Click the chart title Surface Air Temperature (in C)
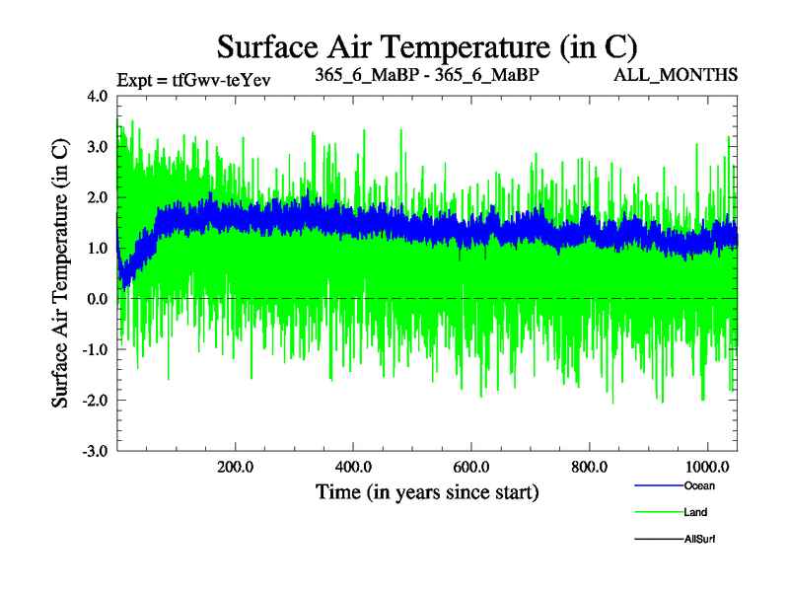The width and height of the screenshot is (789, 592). tap(427, 46)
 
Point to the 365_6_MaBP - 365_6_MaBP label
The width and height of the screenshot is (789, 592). tap(427, 75)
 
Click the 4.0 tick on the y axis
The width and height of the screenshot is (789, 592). tap(98, 97)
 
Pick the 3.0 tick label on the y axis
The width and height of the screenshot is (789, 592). tap(98, 147)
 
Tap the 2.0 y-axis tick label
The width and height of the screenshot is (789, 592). tap(98, 197)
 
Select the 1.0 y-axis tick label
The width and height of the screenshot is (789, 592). tap(98, 248)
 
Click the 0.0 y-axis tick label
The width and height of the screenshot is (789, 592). tap(98, 299)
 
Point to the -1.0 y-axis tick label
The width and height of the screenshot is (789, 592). tap(95, 349)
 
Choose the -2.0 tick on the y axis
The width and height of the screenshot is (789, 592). tap(95, 400)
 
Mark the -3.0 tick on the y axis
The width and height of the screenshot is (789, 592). tap(95, 451)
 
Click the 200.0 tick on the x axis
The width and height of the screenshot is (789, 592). tap(235, 466)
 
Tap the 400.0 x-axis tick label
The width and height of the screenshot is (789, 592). tap(353, 466)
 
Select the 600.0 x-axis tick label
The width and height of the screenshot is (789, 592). tap(471, 466)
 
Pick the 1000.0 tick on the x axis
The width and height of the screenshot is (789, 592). tap(706, 466)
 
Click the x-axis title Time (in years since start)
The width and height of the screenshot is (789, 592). tap(427, 490)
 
